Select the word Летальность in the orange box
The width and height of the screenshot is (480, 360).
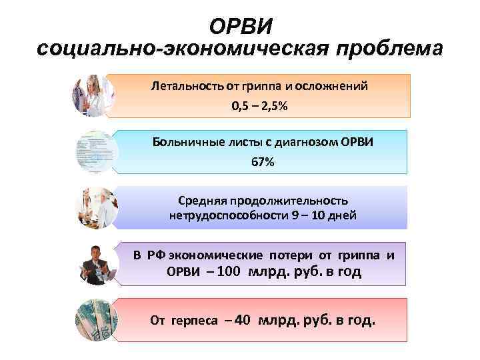pos(181,86)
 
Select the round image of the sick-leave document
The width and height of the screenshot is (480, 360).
pos(95,153)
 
